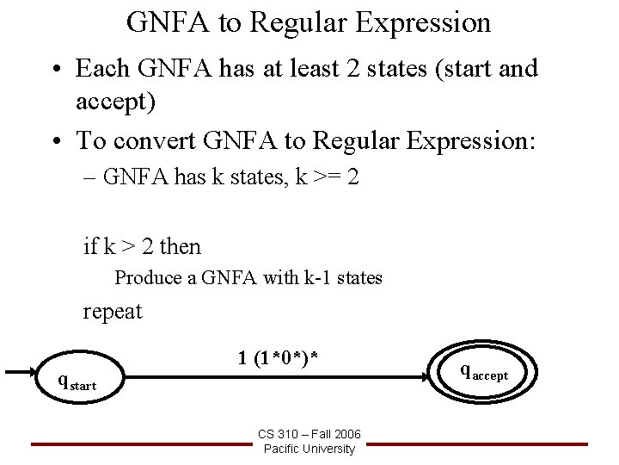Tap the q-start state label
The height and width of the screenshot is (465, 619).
point(77,380)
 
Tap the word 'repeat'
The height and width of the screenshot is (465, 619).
point(113,311)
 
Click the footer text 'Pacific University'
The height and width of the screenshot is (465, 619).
point(309,449)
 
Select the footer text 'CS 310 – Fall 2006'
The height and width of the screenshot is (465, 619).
point(309,434)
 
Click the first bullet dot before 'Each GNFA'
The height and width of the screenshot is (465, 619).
point(58,68)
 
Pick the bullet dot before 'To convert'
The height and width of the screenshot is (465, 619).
point(58,140)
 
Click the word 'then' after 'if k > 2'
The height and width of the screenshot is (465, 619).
point(181,247)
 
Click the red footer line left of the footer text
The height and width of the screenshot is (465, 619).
point(138,443)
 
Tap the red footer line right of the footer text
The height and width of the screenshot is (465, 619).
point(481,443)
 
